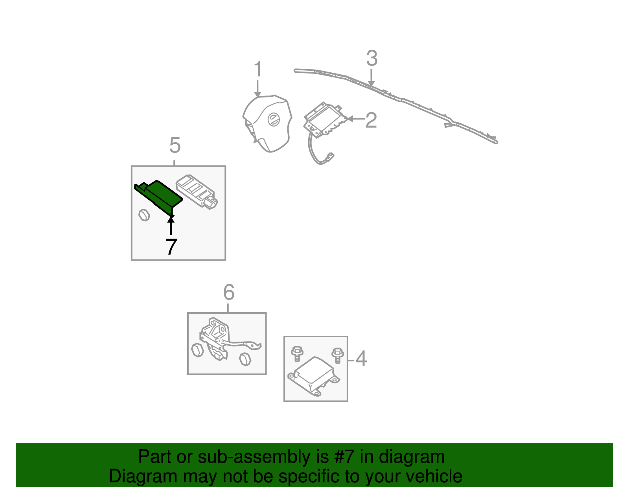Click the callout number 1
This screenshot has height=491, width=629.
click(x=257, y=70)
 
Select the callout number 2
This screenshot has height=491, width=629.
click(x=371, y=120)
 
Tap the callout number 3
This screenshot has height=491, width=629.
click(x=372, y=59)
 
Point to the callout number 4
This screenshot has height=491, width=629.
click(x=361, y=359)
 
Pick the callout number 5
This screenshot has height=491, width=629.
click(x=175, y=145)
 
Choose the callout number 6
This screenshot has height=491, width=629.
click(x=229, y=292)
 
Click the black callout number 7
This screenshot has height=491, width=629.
click(x=171, y=247)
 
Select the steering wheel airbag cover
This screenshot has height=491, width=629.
click(x=267, y=124)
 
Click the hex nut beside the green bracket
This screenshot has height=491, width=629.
click(x=144, y=215)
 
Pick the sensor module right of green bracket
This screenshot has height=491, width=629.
click(x=197, y=191)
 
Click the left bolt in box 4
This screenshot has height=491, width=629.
click(x=297, y=353)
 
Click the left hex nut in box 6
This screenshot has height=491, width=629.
click(x=197, y=349)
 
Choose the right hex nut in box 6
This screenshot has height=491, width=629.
click(x=245, y=359)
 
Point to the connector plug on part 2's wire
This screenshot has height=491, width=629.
click(x=330, y=157)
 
